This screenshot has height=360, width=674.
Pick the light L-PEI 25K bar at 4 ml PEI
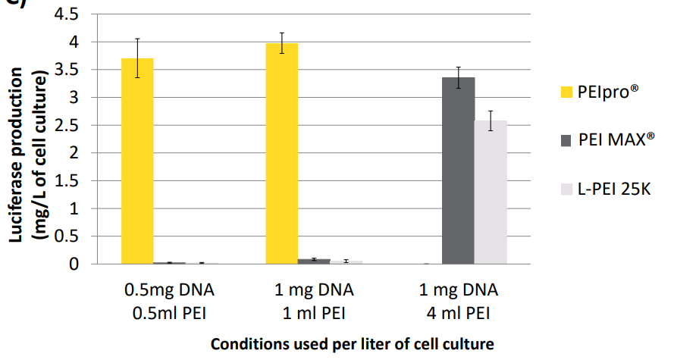click(491, 193)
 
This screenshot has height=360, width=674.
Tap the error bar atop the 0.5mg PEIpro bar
click(137, 58)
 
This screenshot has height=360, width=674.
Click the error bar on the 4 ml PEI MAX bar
click(459, 77)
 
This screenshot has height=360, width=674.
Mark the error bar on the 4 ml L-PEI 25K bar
click(491, 121)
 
